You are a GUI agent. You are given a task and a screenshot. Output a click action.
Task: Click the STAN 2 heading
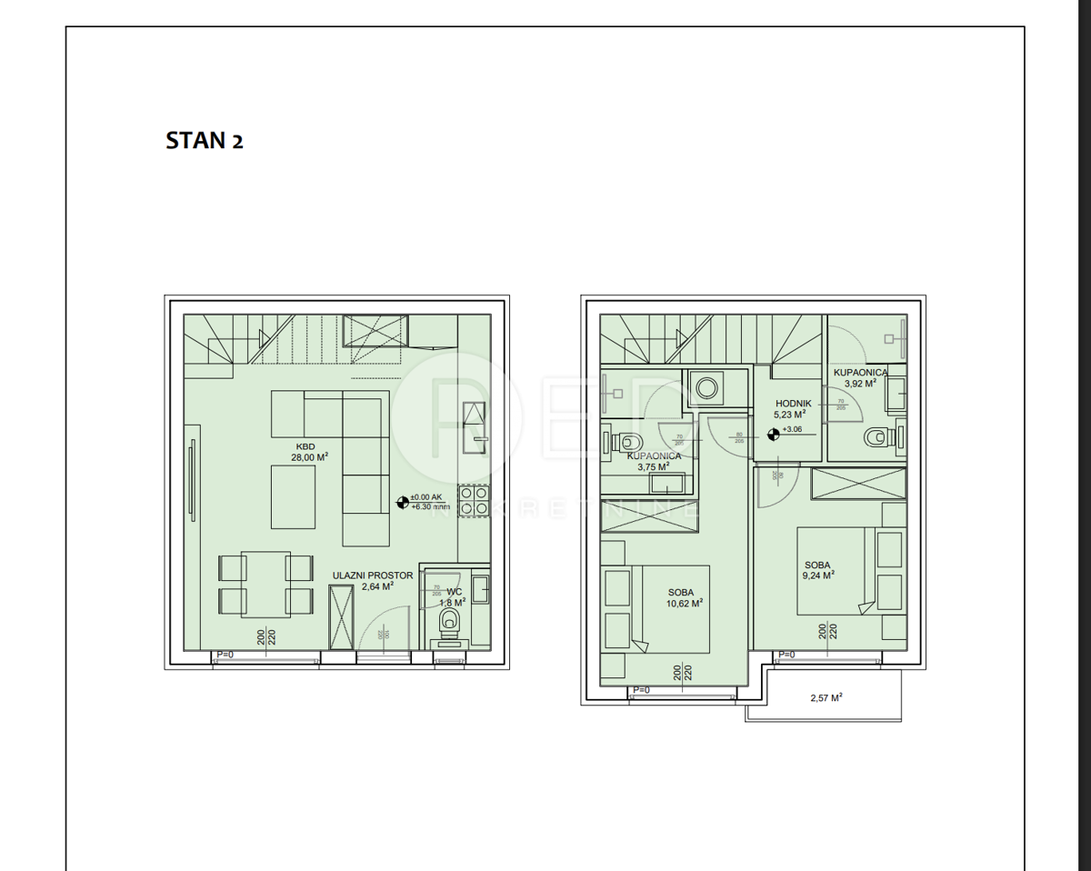[205, 141]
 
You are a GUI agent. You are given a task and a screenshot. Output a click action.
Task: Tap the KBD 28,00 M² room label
[309, 452]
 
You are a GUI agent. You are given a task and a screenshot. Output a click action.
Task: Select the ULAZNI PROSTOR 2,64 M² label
[373, 581]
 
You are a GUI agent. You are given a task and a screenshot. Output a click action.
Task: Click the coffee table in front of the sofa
[293, 496]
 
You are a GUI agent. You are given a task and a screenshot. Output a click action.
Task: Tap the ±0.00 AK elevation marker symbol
[403, 501]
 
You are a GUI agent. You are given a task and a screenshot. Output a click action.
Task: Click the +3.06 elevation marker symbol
[773, 433]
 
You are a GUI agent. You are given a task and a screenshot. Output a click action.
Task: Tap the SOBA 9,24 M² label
[817, 569]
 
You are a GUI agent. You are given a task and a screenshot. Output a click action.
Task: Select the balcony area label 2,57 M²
[826, 698]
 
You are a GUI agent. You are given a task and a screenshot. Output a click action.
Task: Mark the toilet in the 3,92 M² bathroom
[876, 439]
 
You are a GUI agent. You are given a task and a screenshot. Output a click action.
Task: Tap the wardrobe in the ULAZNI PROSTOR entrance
[341, 617]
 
